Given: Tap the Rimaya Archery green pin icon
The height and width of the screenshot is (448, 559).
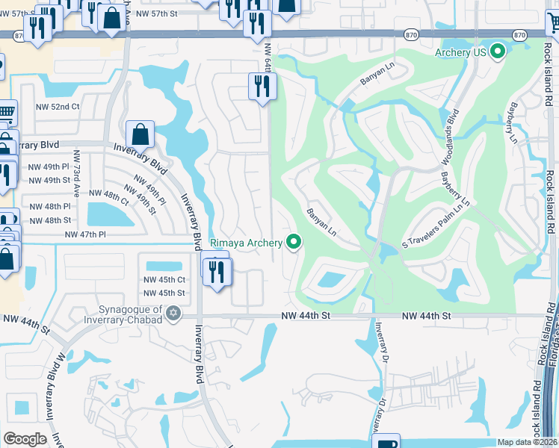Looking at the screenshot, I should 294,242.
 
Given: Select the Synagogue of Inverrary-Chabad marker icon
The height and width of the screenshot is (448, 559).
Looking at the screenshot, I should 174,313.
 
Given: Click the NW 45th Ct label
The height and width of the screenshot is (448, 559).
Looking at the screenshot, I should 164,280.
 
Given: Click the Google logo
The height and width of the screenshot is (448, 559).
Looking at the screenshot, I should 25,439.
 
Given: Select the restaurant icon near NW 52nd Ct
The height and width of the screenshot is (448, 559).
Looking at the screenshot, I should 262,87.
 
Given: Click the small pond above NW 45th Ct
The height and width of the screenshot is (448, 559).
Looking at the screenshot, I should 164,266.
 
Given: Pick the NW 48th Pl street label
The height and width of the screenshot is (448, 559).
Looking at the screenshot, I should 49,206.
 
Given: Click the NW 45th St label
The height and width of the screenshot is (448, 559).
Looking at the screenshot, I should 164,293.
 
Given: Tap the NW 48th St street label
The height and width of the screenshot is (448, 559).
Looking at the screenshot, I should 49,220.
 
